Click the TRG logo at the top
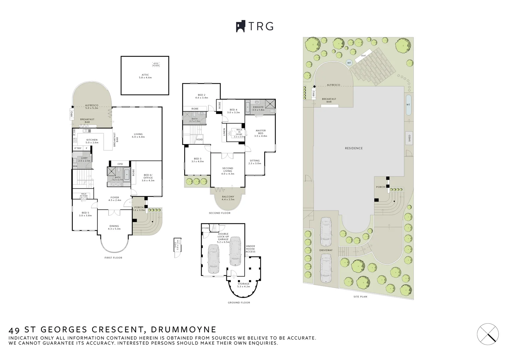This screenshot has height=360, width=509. click(x=255, y=26)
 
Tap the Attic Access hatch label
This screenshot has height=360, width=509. click(x=156, y=65)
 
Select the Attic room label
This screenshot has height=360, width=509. click(x=145, y=76)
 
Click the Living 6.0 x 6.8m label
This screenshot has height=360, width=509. click(x=138, y=135)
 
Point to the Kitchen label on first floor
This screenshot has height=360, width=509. click(x=92, y=141)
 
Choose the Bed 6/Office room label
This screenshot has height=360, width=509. click(x=148, y=178)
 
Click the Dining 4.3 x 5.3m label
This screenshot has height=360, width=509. click(x=114, y=227)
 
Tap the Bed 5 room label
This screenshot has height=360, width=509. click(x=85, y=214)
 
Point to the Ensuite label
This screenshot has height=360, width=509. click(x=258, y=108)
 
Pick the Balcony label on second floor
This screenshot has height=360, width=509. click(x=228, y=198)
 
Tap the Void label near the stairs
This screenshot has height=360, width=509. click(x=199, y=139)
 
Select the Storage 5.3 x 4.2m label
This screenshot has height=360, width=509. click(x=243, y=285)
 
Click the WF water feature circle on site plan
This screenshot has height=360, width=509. click(x=349, y=63)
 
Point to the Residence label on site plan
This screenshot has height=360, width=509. click(x=354, y=148)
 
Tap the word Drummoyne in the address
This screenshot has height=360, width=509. click(x=184, y=330)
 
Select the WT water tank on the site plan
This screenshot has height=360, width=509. click(x=408, y=105)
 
